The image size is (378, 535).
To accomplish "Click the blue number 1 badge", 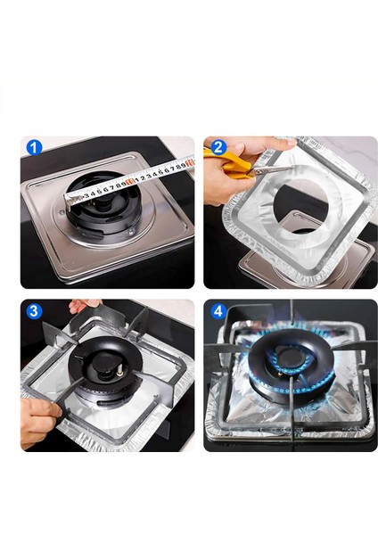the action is pos(34,148).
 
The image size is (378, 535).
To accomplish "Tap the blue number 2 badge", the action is pos(218,147).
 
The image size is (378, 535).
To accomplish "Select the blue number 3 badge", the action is pos(34,311).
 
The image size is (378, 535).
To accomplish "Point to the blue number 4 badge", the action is pos(218,311).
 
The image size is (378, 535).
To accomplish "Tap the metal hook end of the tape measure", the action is pos(70,201).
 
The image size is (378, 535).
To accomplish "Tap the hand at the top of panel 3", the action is pos(85,306).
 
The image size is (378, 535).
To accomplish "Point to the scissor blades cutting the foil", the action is pos(271,170).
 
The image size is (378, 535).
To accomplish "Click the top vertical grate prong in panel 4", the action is pos(292,313).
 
